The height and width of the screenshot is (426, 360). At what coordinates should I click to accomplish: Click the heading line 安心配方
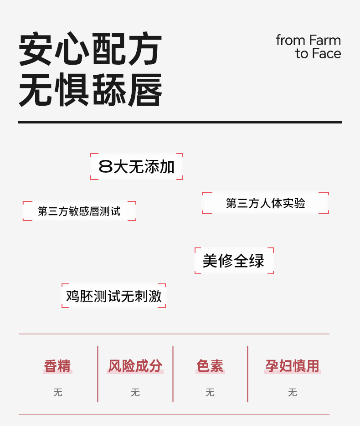tap(90, 49)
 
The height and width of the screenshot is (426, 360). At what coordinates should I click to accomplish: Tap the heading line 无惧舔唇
tap(90, 90)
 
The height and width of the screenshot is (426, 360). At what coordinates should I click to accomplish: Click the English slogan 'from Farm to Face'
tap(309, 47)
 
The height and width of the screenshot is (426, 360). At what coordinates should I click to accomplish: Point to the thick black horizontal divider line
tap(180, 122)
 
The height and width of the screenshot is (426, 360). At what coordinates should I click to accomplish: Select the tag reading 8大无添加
tap(137, 167)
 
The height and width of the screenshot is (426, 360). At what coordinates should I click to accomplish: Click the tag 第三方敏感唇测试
tap(79, 211)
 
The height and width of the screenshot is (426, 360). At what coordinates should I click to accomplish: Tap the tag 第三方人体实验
tap(265, 203)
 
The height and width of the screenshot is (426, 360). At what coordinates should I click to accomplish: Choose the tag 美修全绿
tap(234, 261)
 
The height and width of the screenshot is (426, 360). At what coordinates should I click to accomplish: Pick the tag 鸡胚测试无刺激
tap(113, 296)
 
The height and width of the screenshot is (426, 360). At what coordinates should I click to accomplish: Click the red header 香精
tap(57, 366)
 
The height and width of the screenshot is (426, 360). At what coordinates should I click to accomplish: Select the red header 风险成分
tap(135, 366)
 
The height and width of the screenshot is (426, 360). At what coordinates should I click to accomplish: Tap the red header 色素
tap(210, 366)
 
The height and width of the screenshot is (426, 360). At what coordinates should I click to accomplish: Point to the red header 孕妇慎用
tap(292, 366)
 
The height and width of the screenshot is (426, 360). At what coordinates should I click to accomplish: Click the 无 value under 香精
tap(57, 392)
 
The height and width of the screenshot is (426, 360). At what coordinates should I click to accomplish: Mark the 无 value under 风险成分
tap(135, 392)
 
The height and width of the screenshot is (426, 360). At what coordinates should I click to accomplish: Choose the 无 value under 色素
tap(210, 392)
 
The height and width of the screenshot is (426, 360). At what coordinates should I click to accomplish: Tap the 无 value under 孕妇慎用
tap(292, 392)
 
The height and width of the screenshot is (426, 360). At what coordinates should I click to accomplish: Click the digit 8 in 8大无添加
tap(105, 167)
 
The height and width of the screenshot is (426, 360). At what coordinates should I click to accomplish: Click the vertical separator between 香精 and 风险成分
tap(98, 374)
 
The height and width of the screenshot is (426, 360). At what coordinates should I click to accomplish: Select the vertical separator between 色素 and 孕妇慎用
tap(247, 374)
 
